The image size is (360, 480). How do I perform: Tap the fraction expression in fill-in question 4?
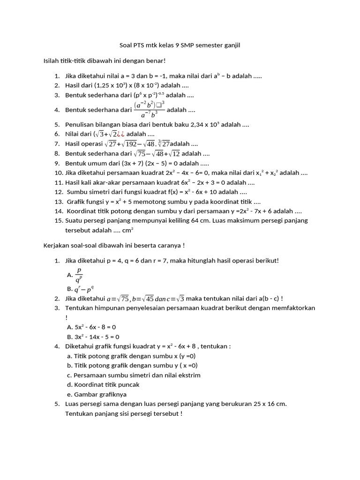(149, 110)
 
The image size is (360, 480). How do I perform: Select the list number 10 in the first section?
(58, 173)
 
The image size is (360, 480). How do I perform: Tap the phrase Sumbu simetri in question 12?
(85, 192)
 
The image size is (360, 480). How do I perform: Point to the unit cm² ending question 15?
(128, 231)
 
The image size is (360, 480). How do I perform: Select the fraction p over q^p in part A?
(79, 275)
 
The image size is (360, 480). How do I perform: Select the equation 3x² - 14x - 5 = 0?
(97, 337)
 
